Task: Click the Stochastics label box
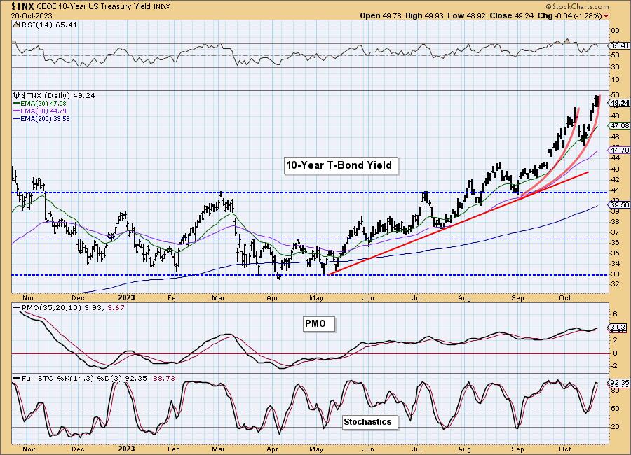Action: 367,422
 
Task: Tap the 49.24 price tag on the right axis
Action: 619,102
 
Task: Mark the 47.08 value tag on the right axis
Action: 619,125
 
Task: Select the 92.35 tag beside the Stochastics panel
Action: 619,384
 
